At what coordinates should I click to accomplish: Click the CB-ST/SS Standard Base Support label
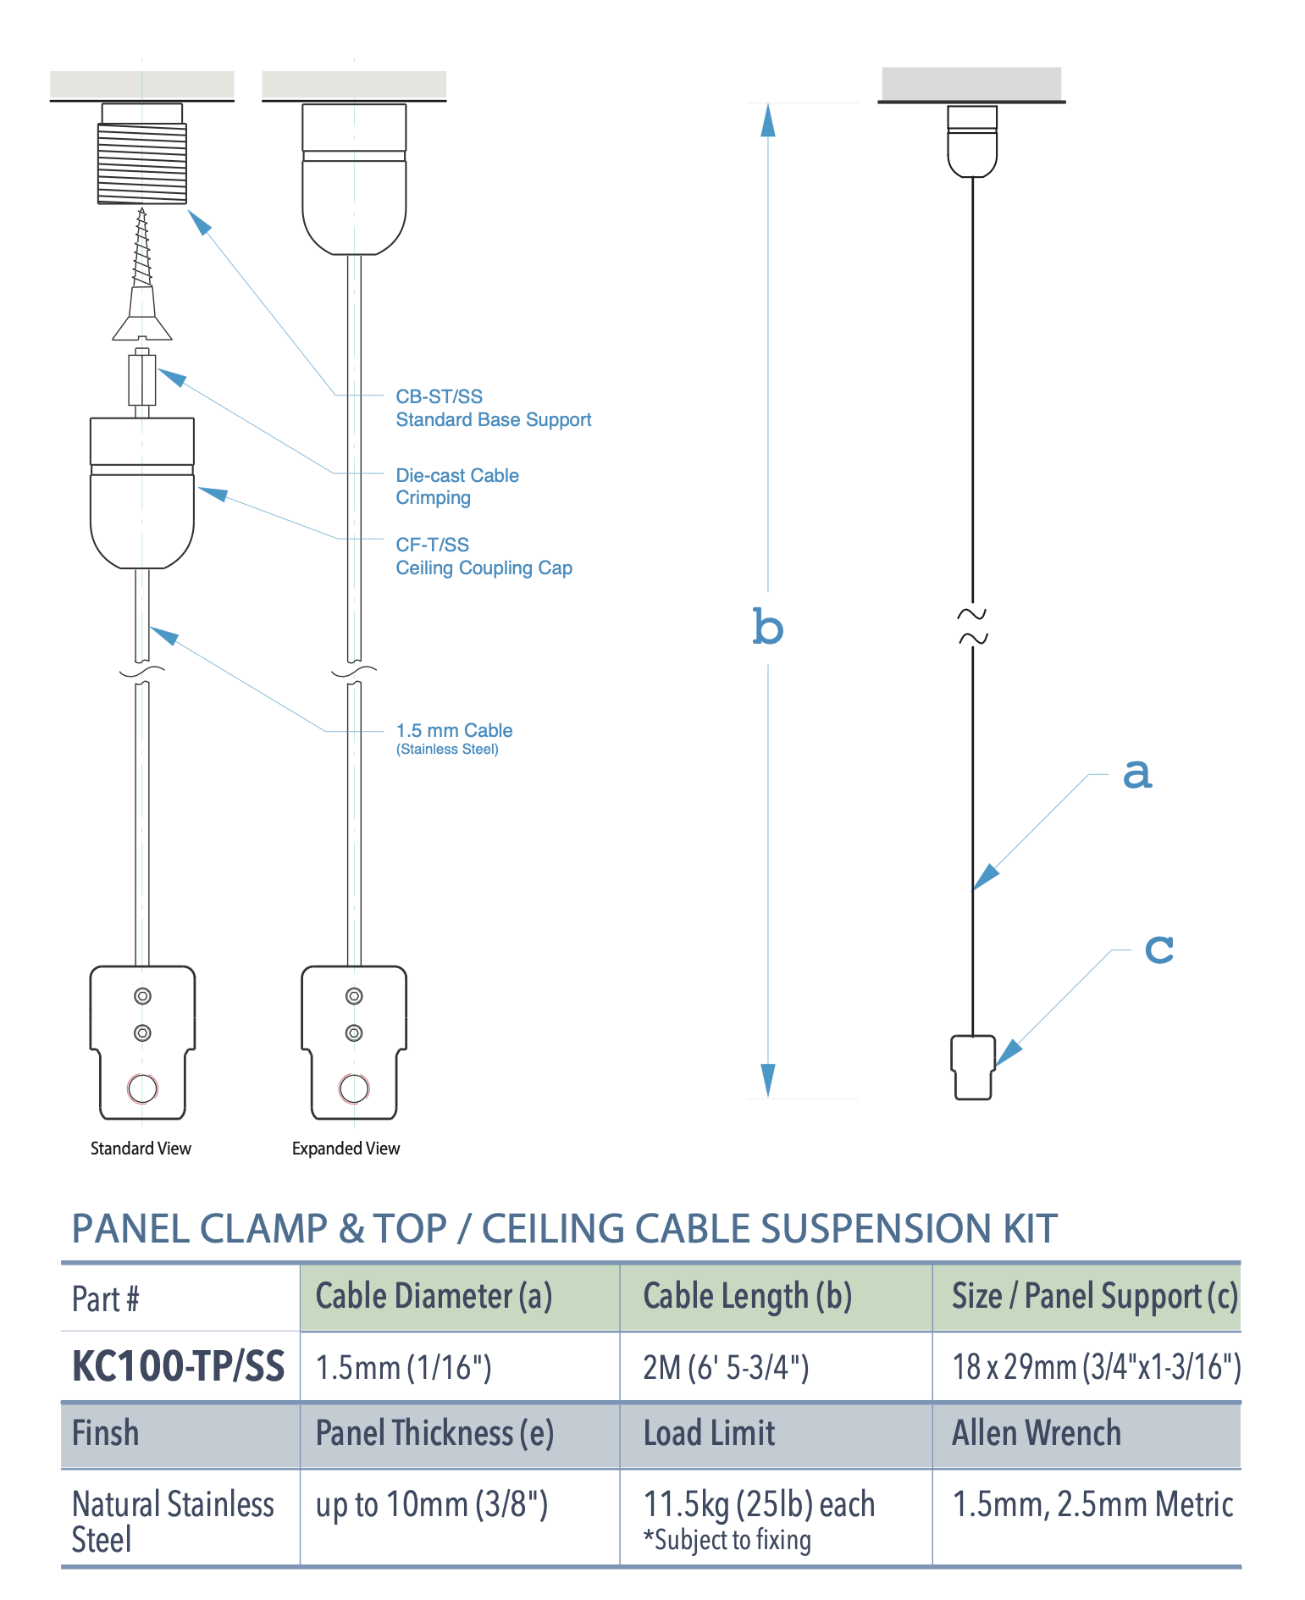tap(492, 408)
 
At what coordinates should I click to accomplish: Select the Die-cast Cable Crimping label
tap(456, 486)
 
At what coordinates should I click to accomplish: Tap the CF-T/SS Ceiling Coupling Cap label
tap(484, 556)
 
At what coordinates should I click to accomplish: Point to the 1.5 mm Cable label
tap(454, 730)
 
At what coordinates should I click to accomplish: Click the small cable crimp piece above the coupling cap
tap(141, 379)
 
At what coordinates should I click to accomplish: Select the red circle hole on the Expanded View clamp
tap(354, 1088)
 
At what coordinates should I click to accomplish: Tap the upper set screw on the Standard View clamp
tap(142, 996)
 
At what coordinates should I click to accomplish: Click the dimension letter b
tap(768, 628)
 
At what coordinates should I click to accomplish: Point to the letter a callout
tap(1136, 772)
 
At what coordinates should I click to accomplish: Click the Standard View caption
tap(141, 1149)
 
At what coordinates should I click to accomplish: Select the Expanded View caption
tap(346, 1149)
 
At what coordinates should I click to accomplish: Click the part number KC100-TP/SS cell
tap(179, 1366)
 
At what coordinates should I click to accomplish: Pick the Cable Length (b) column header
tap(747, 1297)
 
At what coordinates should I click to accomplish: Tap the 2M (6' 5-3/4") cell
tap(726, 1367)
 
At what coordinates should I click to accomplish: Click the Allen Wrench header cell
tap(1036, 1433)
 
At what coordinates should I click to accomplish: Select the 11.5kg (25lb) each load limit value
tap(759, 1504)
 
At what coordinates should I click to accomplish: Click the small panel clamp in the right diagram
tap(973, 1067)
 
